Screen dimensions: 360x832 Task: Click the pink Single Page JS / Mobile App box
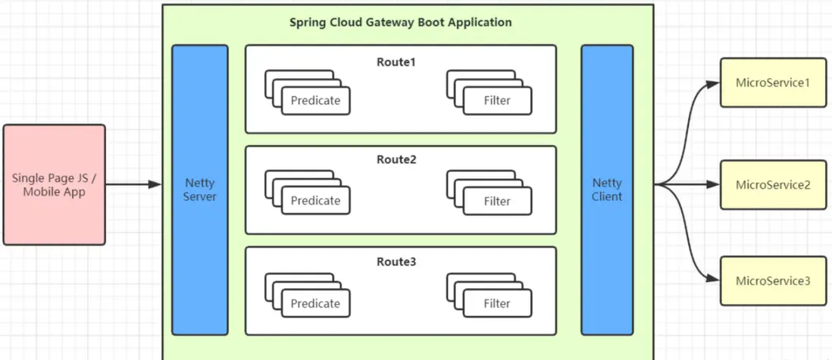point(54,185)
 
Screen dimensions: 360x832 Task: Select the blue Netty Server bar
point(199,189)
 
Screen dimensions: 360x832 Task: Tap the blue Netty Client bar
point(607,189)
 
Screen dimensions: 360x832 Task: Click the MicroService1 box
point(773,82)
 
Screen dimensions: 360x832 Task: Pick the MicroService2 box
point(773,184)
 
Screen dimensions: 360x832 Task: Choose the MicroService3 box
point(773,280)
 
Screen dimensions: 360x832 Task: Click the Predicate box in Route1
point(315,100)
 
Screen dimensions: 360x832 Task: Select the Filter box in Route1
point(497,100)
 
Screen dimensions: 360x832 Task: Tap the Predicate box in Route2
point(315,201)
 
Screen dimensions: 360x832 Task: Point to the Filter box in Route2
point(497,201)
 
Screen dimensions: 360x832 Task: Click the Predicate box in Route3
point(315,303)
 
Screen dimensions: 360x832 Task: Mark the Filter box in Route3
point(497,303)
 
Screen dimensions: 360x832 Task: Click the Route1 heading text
point(396,61)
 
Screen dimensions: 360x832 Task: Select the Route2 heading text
point(396,160)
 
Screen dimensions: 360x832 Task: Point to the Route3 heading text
point(396,261)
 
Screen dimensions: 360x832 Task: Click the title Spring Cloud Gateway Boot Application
point(400,22)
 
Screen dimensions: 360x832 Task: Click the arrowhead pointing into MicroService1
point(712,82)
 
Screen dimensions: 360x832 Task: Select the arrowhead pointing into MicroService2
point(712,184)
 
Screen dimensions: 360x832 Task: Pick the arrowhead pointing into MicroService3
point(712,280)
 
